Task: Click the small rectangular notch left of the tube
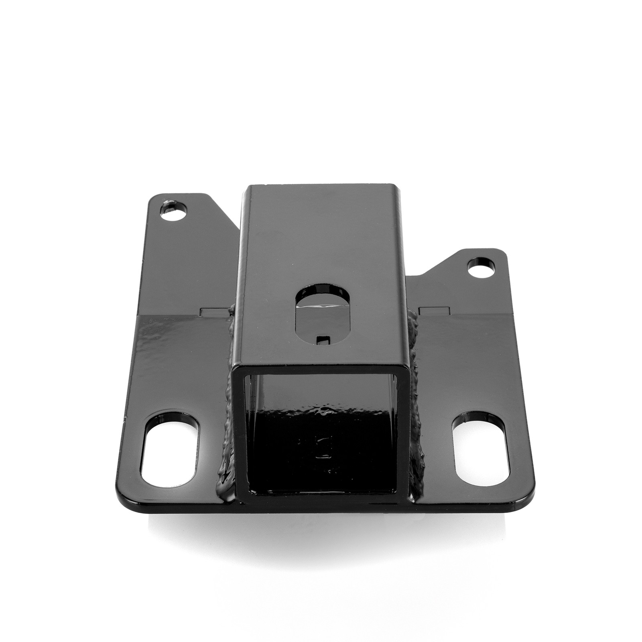click(215, 311)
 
